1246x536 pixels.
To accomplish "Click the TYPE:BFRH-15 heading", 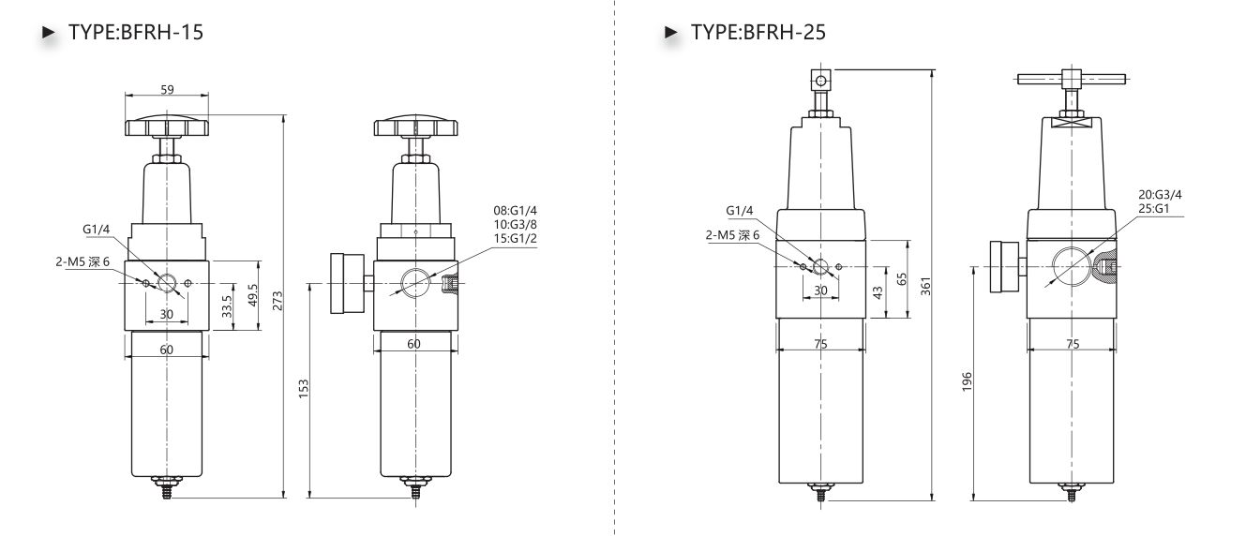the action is [136, 32].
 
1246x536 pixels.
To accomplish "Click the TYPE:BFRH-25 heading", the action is [758, 32].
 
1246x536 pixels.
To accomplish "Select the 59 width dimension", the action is [167, 90].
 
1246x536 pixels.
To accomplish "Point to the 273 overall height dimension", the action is [278, 301].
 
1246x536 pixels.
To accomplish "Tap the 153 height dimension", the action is [303, 389].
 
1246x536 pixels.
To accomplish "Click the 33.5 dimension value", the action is [227, 306].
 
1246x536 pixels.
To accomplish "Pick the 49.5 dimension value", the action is [252, 295].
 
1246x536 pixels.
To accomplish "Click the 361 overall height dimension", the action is [925, 286].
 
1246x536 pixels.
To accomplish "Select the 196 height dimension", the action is [967, 381].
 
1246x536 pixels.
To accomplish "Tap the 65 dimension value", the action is [902, 278].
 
